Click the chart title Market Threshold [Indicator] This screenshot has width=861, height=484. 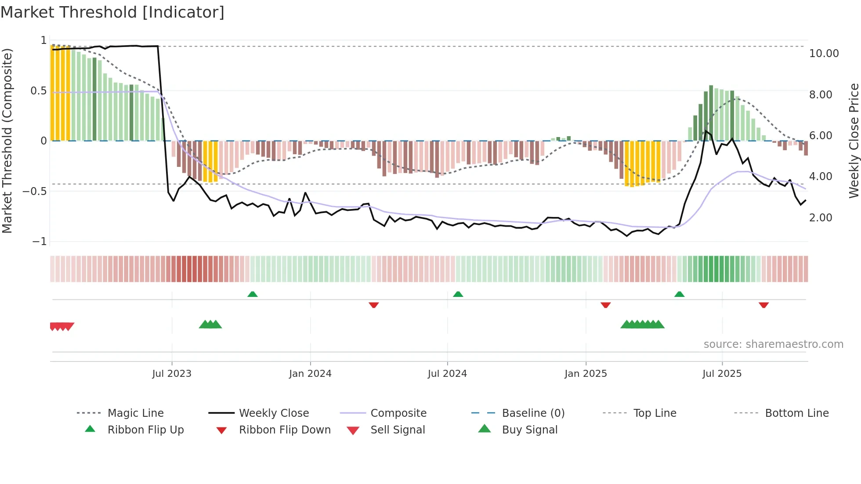click(112, 12)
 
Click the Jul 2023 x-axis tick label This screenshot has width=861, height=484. click(172, 374)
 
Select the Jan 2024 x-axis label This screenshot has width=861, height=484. click(310, 374)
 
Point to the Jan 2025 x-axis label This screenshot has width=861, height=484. click(586, 374)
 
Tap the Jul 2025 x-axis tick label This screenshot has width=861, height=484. click(722, 374)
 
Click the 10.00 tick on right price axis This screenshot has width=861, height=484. click(824, 54)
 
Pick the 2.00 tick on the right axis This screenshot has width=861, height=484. click(820, 218)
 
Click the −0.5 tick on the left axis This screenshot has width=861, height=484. click(35, 191)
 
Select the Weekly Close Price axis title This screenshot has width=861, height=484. click(854, 141)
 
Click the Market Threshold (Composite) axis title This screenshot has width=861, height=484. click(7, 141)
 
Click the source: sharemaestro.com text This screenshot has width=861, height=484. click(773, 344)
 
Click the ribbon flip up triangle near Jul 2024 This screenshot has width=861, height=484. click(458, 294)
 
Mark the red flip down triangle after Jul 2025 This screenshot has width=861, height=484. click(763, 305)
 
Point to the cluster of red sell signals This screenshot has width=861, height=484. click(62, 326)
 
